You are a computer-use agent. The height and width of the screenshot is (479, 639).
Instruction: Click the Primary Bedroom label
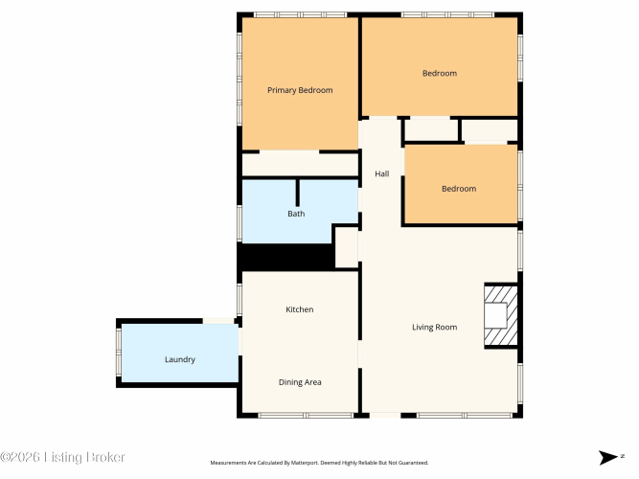tap(300, 90)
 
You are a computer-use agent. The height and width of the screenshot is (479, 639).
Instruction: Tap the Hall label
tap(382, 174)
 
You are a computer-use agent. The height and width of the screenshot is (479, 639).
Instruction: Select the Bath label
tap(296, 214)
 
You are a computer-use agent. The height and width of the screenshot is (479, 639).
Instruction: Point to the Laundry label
tap(180, 359)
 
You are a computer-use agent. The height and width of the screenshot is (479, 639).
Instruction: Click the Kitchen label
tap(300, 309)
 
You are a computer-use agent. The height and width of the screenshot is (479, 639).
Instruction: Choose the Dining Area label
tap(300, 382)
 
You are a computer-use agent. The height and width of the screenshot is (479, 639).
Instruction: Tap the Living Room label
tap(434, 328)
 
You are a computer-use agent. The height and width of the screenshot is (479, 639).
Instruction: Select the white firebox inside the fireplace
tap(495, 315)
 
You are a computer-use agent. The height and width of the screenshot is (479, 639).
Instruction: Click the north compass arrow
tap(607, 457)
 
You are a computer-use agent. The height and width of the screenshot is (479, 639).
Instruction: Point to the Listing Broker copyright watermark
tap(62, 457)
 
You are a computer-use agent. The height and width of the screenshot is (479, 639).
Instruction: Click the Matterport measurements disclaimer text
tap(319, 463)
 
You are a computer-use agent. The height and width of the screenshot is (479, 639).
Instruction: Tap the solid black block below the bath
tap(286, 257)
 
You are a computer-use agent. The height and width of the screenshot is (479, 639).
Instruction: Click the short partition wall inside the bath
tap(298, 193)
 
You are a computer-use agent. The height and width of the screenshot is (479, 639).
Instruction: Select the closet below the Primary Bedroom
tap(300, 165)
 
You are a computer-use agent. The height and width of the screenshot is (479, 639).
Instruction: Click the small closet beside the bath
tap(347, 247)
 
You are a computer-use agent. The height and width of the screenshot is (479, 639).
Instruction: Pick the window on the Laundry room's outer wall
tap(119, 353)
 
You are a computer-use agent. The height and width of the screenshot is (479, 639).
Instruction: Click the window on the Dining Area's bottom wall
tap(306, 416)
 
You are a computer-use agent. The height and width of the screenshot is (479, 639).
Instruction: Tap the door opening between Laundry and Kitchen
tap(240, 342)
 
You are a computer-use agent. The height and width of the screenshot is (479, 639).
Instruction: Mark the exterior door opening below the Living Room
tap(385, 416)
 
